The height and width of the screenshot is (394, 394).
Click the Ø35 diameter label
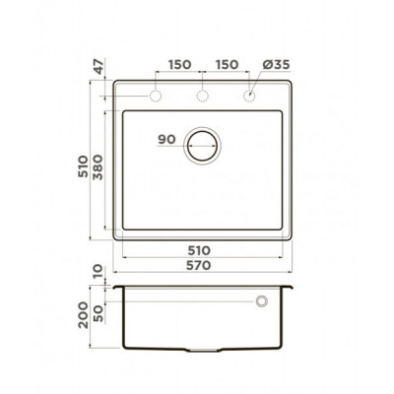click(276, 65)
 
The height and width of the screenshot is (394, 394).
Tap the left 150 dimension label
click(180, 65)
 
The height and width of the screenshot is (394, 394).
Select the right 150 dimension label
click(227, 65)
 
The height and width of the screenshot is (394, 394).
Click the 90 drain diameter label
click(166, 140)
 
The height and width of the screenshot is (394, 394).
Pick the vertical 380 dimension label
click(98, 167)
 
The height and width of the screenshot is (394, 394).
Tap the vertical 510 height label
click(83, 166)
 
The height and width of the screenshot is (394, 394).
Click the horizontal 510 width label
click(199, 250)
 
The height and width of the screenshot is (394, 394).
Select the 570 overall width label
click(199, 265)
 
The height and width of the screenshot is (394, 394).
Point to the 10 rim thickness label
click(98, 272)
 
